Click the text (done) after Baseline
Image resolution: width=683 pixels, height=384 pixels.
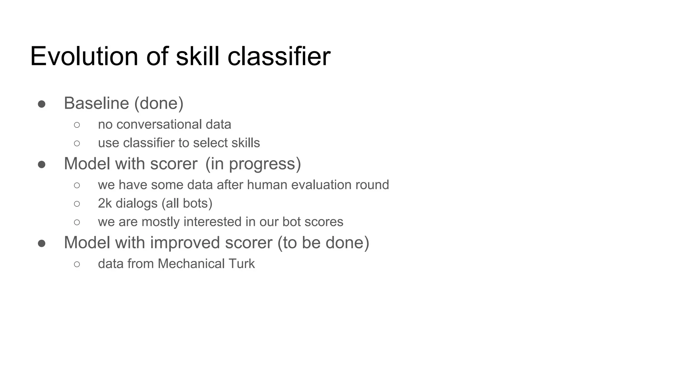coord(159,103)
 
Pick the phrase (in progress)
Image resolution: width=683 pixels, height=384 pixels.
coord(253,164)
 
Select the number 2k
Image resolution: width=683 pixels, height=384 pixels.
coord(105,203)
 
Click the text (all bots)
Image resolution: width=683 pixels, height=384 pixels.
coord(187,203)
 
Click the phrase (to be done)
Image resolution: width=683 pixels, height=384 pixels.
coord(323,243)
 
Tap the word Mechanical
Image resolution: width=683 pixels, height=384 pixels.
coord(191,264)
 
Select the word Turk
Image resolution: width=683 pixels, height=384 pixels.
coord(241,264)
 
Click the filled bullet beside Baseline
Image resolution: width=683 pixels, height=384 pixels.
coord(42,104)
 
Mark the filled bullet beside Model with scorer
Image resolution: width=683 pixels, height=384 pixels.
coord(42,165)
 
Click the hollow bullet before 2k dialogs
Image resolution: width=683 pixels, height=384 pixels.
coord(77,204)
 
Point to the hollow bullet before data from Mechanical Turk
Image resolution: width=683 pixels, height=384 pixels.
coord(77,264)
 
